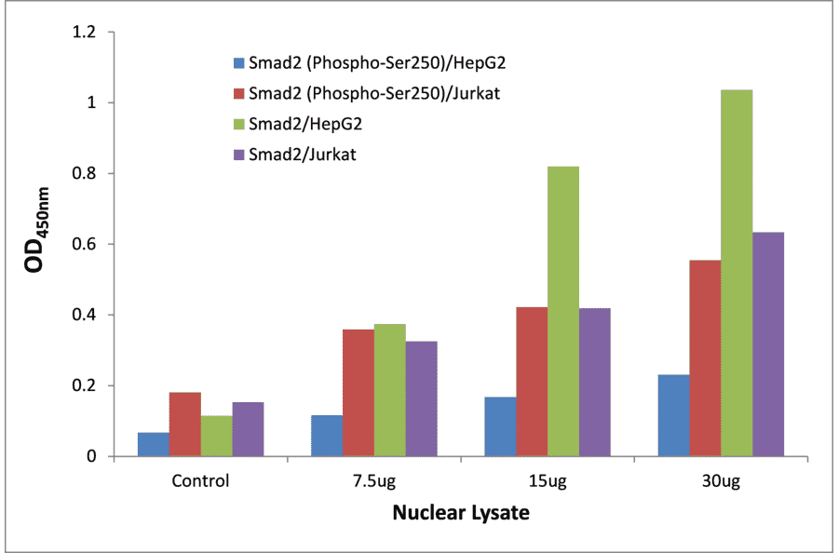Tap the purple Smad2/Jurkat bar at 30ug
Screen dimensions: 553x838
click(768, 344)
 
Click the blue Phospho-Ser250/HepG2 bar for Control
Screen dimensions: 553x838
click(153, 445)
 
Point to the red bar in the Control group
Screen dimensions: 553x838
click(184, 425)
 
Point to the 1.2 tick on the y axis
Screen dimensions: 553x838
click(86, 33)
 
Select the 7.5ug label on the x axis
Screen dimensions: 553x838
click(373, 481)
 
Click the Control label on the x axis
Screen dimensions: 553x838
click(200, 481)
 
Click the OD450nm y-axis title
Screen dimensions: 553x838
click(37, 245)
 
